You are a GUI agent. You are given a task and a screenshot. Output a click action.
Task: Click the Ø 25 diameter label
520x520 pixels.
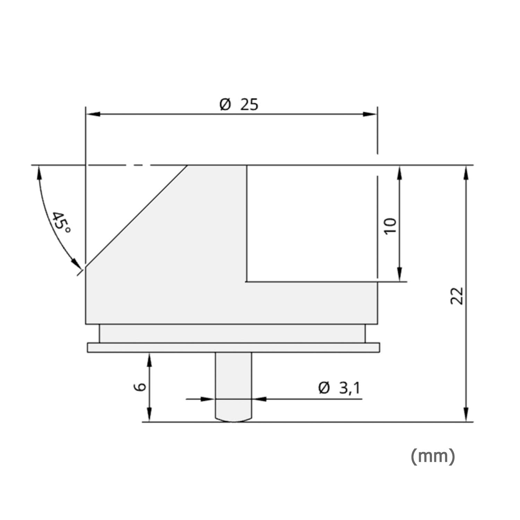click(x=239, y=104)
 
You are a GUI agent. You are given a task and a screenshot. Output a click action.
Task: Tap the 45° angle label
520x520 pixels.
click(x=60, y=223)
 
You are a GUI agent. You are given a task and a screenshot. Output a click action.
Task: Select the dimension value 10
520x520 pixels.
click(x=390, y=226)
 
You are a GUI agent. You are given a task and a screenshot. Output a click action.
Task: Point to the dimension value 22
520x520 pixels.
click(x=457, y=295)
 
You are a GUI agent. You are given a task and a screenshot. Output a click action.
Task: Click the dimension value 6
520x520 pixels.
click(x=140, y=387)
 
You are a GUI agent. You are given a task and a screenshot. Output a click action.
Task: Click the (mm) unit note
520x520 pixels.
click(x=433, y=456)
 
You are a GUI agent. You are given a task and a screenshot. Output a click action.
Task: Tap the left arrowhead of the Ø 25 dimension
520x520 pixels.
click(x=93, y=114)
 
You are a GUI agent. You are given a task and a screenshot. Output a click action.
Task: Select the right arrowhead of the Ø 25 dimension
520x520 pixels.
click(x=370, y=114)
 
